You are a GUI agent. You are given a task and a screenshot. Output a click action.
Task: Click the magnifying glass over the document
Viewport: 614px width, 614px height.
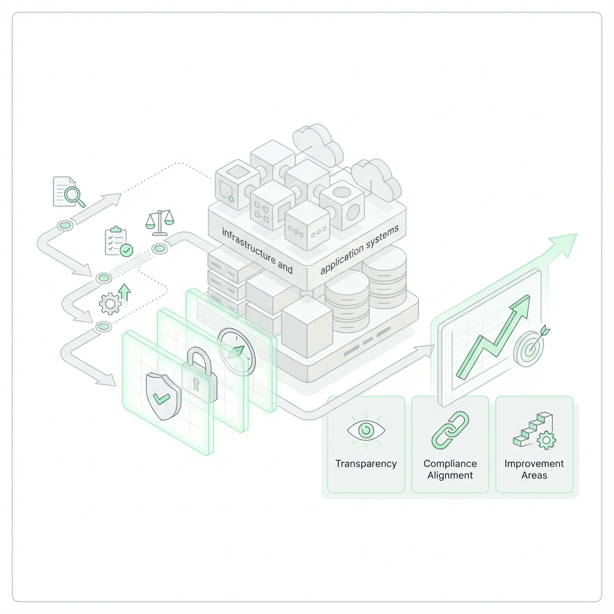(x=74, y=196)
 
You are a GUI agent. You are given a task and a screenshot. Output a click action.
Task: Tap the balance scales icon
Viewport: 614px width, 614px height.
(x=159, y=222)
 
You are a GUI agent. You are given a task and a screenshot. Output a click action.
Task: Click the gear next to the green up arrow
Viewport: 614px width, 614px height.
(x=110, y=303)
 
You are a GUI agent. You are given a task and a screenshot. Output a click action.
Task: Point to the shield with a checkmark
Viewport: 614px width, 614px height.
(x=163, y=397)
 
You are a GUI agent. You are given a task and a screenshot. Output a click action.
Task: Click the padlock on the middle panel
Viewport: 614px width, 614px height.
(x=199, y=375)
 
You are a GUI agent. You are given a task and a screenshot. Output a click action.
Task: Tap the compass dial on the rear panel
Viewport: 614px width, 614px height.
(x=236, y=351)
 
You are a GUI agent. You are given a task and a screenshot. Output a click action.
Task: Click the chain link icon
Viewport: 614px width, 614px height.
(x=450, y=430)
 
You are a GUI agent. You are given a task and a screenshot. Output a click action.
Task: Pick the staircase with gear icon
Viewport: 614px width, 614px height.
(x=534, y=430)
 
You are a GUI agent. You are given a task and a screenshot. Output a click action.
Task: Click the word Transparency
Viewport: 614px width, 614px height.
(x=366, y=463)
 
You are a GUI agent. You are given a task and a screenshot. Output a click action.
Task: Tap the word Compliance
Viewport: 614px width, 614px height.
(x=450, y=463)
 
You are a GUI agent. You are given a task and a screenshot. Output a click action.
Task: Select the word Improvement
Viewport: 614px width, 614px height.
(x=534, y=463)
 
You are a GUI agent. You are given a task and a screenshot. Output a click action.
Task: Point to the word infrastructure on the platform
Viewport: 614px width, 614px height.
(x=248, y=245)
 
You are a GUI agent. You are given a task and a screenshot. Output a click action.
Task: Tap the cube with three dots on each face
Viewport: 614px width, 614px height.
(x=307, y=225)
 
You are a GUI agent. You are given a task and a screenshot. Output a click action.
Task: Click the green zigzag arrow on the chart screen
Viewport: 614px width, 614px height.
(x=493, y=337)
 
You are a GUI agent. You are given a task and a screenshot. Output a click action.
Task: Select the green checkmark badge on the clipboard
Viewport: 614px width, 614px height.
(x=127, y=250)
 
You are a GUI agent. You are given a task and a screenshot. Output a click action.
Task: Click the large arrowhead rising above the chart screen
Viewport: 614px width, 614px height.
(x=563, y=245)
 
